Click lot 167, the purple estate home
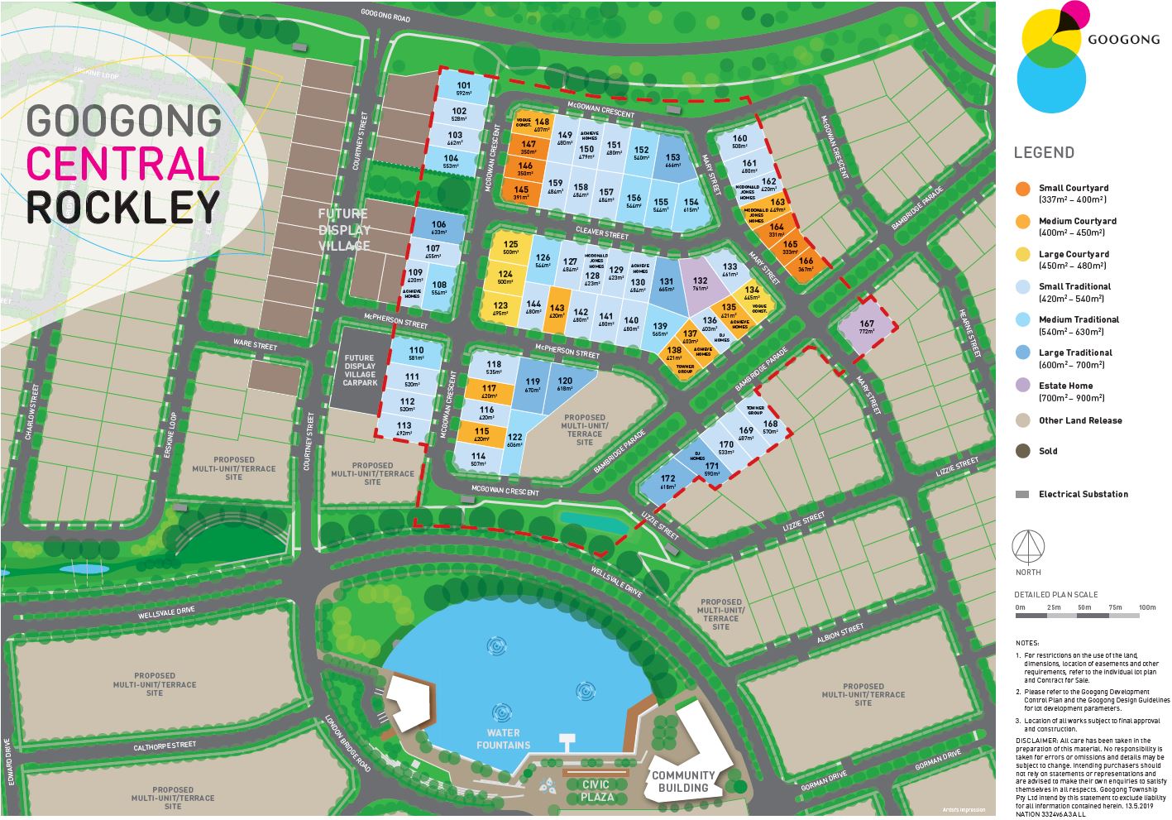pyautogui.click(x=866, y=328)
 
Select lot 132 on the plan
pyautogui.click(x=700, y=284)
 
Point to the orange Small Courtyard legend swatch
pyautogui.click(x=1023, y=189)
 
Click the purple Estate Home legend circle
pyautogui.click(x=1023, y=386)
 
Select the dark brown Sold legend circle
pyautogui.click(x=1023, y=451)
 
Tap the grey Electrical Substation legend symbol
pyautogui.click(x=1023, y=494)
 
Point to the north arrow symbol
pyautogui.click(x=1029, y=546)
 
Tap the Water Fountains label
pyautogui.click(x=503, y=739)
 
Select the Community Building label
pyautogui.click(x=683, y=781)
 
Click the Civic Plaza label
pyautogui.click(x=596, y=790)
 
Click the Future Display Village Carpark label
pyautogui.click(x=360, y=371)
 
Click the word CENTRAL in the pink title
pyautogui.click(x=122, y=164)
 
